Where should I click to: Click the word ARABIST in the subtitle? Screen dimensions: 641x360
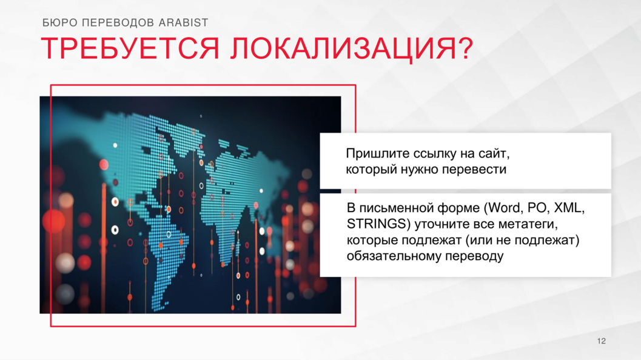[184, 22]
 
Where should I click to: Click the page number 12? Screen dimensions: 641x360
[602, 341]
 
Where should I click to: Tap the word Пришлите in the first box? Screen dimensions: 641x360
[378, 154]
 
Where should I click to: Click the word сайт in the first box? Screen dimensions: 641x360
[494, 154]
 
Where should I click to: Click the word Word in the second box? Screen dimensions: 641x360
[503, 208]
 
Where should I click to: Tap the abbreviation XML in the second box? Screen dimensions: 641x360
[569, 208]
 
